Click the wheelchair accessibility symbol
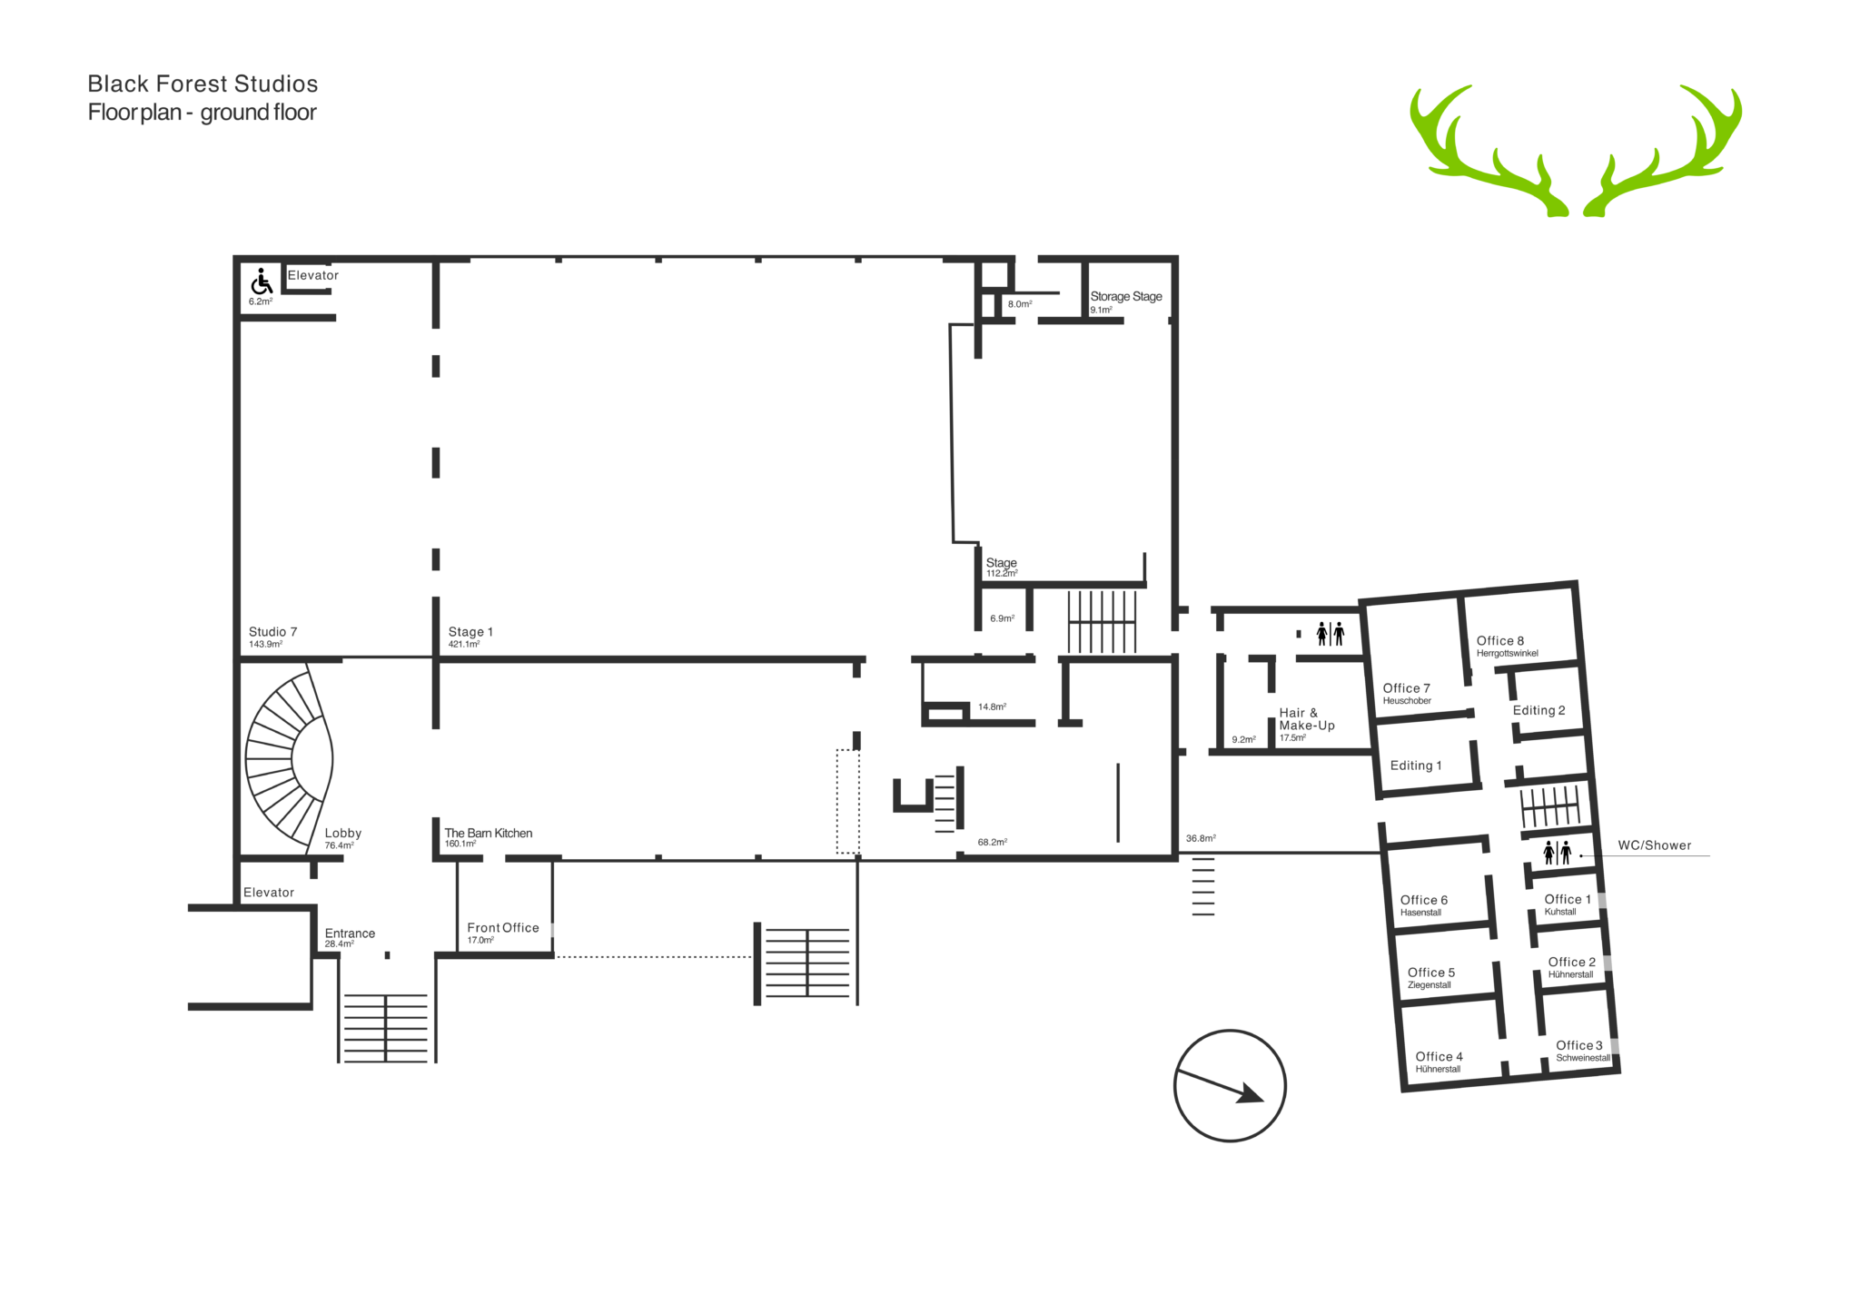262,282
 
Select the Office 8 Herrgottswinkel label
1508,646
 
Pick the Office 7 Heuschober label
1407,694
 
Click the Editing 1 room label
1416,766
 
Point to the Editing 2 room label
1538,710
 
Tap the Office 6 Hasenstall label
1424,905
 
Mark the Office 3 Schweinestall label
1583,1051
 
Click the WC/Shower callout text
1655,845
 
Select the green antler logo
1576,151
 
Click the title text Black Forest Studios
203,84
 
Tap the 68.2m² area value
993,842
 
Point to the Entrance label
350,934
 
